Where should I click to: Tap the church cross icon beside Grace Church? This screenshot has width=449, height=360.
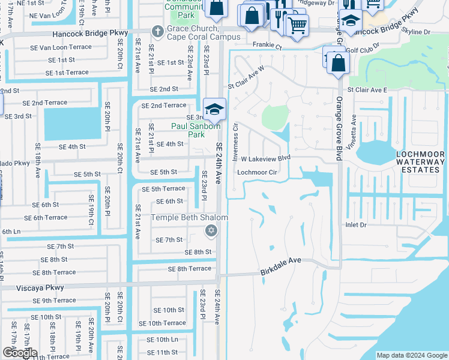[157, 30]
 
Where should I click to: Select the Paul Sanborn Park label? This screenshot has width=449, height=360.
[196, 126]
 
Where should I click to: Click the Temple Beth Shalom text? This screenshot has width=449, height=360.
[189, 217]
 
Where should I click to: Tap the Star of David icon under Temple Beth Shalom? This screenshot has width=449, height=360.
[210, 230]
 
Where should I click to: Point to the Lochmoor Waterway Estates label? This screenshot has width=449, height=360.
[420, 162]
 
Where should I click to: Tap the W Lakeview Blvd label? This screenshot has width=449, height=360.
[265, 158]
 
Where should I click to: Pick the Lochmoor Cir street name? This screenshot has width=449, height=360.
[257, 172]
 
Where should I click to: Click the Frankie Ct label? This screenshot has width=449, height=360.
[267, 44]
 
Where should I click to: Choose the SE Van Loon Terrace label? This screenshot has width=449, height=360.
[61, 47]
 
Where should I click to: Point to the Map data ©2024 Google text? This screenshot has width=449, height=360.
[411, 355]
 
